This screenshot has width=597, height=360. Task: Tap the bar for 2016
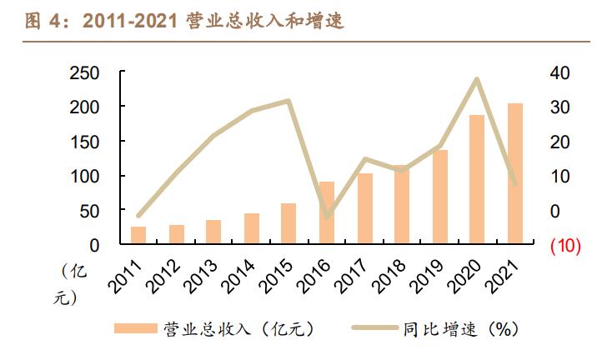327,213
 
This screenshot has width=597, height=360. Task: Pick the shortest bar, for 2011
138,236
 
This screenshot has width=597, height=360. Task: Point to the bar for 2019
439,197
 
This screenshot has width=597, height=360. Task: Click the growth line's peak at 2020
476,79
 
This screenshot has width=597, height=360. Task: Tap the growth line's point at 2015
288,101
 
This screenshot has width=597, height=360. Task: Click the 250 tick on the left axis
87,73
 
